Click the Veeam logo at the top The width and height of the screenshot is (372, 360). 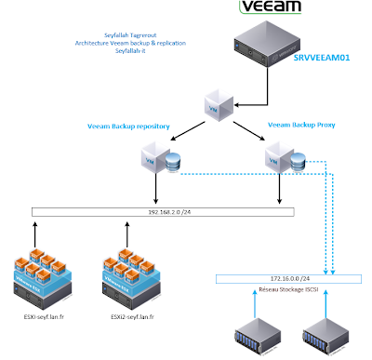point(270,9)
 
